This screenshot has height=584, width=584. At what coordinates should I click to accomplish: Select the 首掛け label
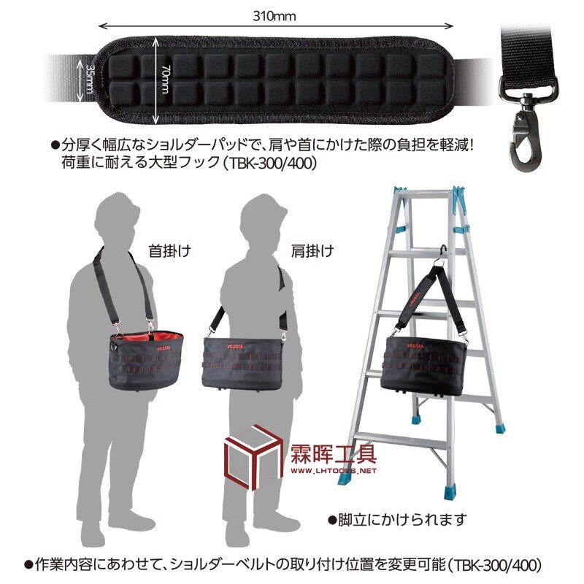(169, 250)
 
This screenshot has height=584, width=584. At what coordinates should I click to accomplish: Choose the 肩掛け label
(313, 250)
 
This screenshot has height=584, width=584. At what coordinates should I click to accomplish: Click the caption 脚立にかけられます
(398, 520)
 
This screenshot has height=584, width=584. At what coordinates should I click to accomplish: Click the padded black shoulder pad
(277, 79)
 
